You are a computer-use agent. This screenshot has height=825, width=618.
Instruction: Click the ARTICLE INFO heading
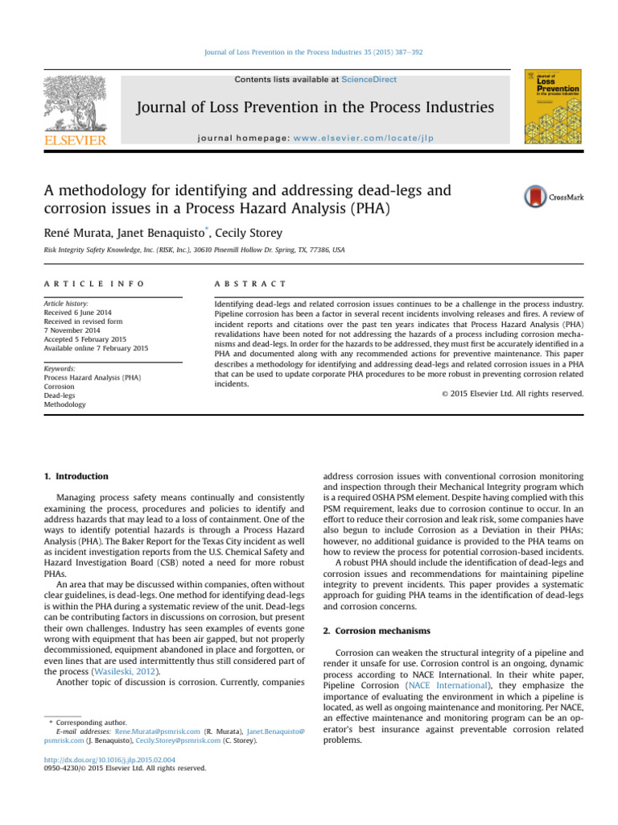[96, 284]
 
